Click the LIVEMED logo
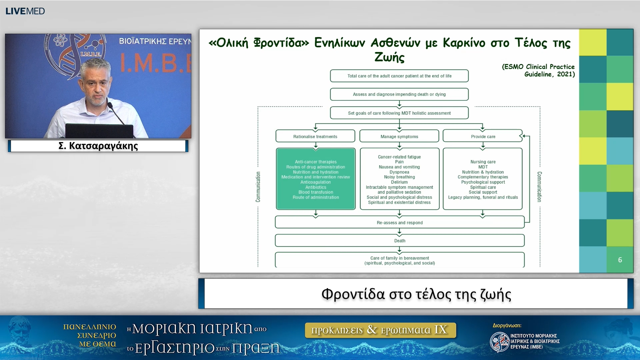[25, 11]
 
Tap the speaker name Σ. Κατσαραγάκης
[98, 146]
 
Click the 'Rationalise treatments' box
[315, 136]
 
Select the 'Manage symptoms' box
[399, 136]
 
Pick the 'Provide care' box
[483, 136]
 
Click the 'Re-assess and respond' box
[400, 222]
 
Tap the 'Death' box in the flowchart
[400, 241]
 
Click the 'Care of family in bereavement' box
[400, 260]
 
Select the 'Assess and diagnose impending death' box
[399, 94]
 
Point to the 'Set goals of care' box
[399, 113]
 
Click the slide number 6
[620, 260]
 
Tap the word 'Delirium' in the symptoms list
[399, 182]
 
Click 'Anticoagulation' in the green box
[316, 182]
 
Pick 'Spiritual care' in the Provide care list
[483, 187]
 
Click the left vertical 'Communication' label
[258, 187]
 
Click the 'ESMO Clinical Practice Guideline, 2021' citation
[538, 70]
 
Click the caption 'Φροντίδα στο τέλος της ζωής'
[416, 294]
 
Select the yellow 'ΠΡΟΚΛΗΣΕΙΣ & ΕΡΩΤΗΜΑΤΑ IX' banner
[380, 330]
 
